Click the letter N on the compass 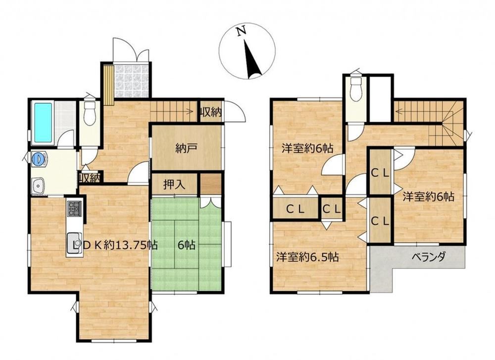coord(242,31)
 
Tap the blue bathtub coord(43,123)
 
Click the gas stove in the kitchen coord(74,208)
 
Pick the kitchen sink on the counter coord(74,242)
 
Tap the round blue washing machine coord(39,158)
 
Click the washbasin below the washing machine coord(39,185)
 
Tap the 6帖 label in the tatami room coord(186,245)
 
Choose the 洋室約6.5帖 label coord(307,257)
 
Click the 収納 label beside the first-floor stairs coord(210,112)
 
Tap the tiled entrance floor coord(131,81)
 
